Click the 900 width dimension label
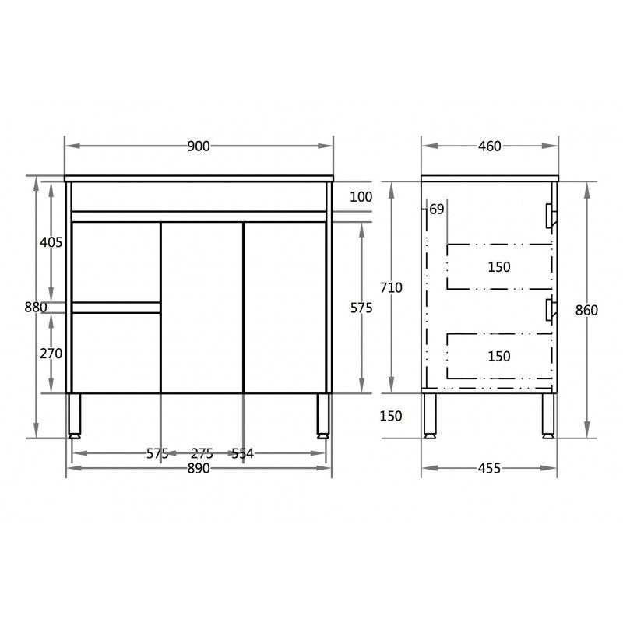tap(199, 146)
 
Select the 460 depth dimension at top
tap(490, 146)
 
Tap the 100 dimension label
tap(361, 196)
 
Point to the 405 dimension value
tap(51, 242)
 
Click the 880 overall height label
tap(36, 307)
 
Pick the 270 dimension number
tap(51, 353)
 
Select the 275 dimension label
tap(202, 453)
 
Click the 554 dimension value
tap(242, 453)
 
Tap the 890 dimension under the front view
tap(199, 468)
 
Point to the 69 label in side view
tap(436, 209)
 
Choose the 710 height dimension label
tap(391, 288)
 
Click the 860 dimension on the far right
tap(586, 310)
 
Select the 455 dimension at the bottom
tap(488, 468)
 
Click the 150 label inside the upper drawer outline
tap(499, 267)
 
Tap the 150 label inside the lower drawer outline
tap(499, 356)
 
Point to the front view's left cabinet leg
tap(75, 415)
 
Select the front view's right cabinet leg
tap(322, 415)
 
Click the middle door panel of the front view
tap(202, 308)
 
